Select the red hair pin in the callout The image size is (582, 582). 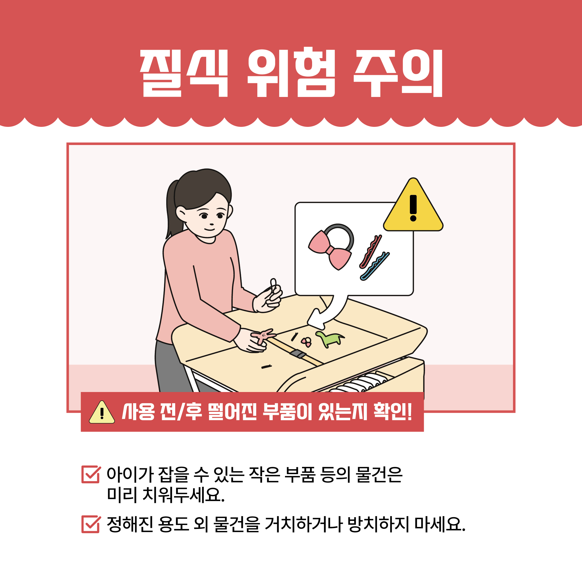coord(370,251)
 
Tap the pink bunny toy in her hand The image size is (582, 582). coord(263,335)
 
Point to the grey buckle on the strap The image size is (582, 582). coord(298,354)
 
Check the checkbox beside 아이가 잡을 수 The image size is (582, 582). coord(90,475)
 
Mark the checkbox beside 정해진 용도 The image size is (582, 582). coord(90,524)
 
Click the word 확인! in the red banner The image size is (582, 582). coord(393,412)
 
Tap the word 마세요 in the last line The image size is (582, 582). coord(440,524)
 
